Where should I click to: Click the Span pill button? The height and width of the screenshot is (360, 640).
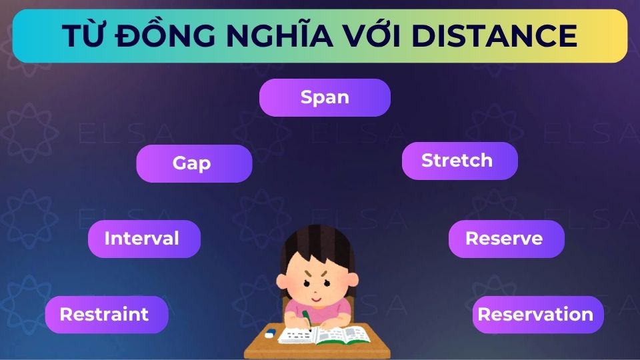[x=325, y=97]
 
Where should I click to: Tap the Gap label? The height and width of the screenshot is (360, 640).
[x=194, y=163]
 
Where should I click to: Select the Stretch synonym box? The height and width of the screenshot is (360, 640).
[x=459, y=161]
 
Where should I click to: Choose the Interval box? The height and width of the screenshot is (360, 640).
[x=144, y=239]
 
